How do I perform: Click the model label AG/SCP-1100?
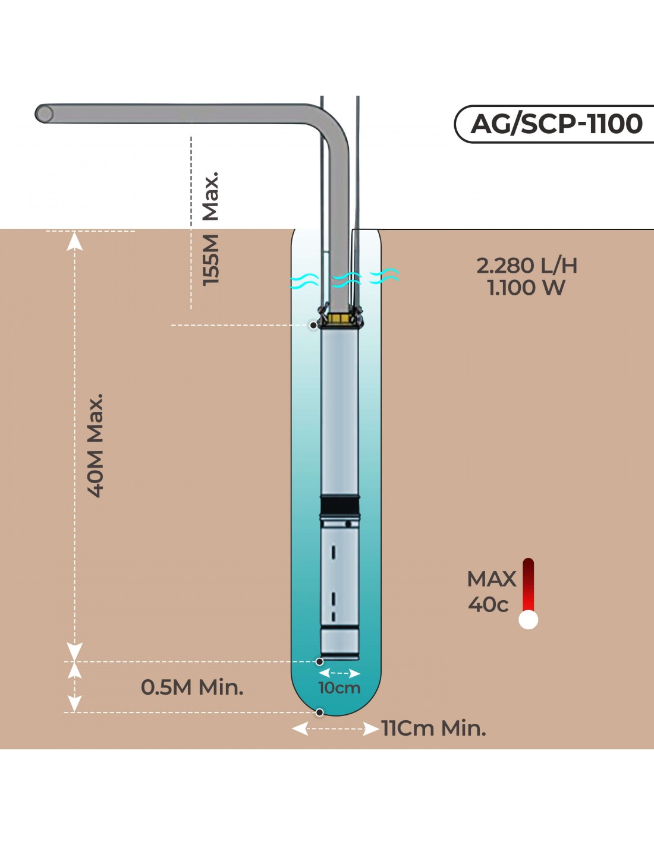point(556,124)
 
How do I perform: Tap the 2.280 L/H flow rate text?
point(527,266)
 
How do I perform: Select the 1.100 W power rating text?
point(526,288)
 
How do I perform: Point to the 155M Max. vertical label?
point(211,229)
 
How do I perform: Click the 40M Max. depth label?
point(96,445)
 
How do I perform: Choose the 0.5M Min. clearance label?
point(192,688)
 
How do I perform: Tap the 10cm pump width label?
point(339,688)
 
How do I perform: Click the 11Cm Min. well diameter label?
point(434,729)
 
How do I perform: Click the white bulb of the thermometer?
point(528,620)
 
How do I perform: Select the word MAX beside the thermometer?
point(492,579)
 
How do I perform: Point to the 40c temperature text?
point(488,605)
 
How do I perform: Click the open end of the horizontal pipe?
point(43,113)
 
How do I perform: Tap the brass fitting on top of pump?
point(339,319)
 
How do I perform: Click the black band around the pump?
point(339,506)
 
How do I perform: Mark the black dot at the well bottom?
point(320,712)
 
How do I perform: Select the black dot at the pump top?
point(313,326)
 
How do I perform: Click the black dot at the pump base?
point(320,661)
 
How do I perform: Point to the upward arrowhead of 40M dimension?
point(74,241)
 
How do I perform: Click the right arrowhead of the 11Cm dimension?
point(372,729)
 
